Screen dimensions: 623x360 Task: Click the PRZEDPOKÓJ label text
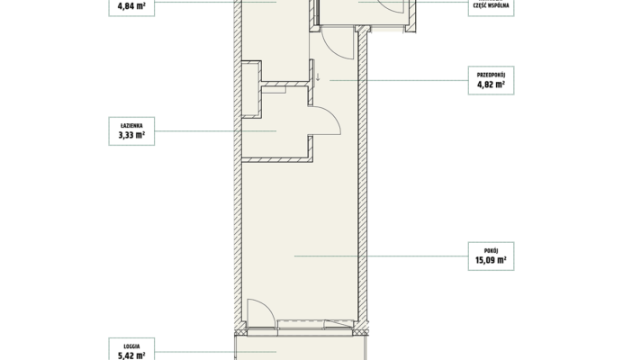point(491,75)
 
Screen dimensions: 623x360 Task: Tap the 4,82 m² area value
point(491,85)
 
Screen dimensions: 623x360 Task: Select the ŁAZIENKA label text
point(131,126)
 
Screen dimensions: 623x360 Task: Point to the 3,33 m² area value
point(131,135)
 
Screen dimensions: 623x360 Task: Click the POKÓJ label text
point(491,251)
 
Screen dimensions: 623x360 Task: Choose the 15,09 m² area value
point(491,260)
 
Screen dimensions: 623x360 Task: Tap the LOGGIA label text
point(131,346)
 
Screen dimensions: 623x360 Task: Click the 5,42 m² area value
point(131,355)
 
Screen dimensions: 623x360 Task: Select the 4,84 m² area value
point(131,6)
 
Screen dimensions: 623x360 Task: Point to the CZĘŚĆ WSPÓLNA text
point(491,5)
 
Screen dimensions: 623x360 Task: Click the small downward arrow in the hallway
point(318,76)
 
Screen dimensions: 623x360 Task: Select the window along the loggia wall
point(315,324)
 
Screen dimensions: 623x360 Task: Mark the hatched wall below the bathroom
point(277,159)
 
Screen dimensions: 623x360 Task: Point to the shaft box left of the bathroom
point(251,89)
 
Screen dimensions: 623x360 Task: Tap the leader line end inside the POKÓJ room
point(294,256)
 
